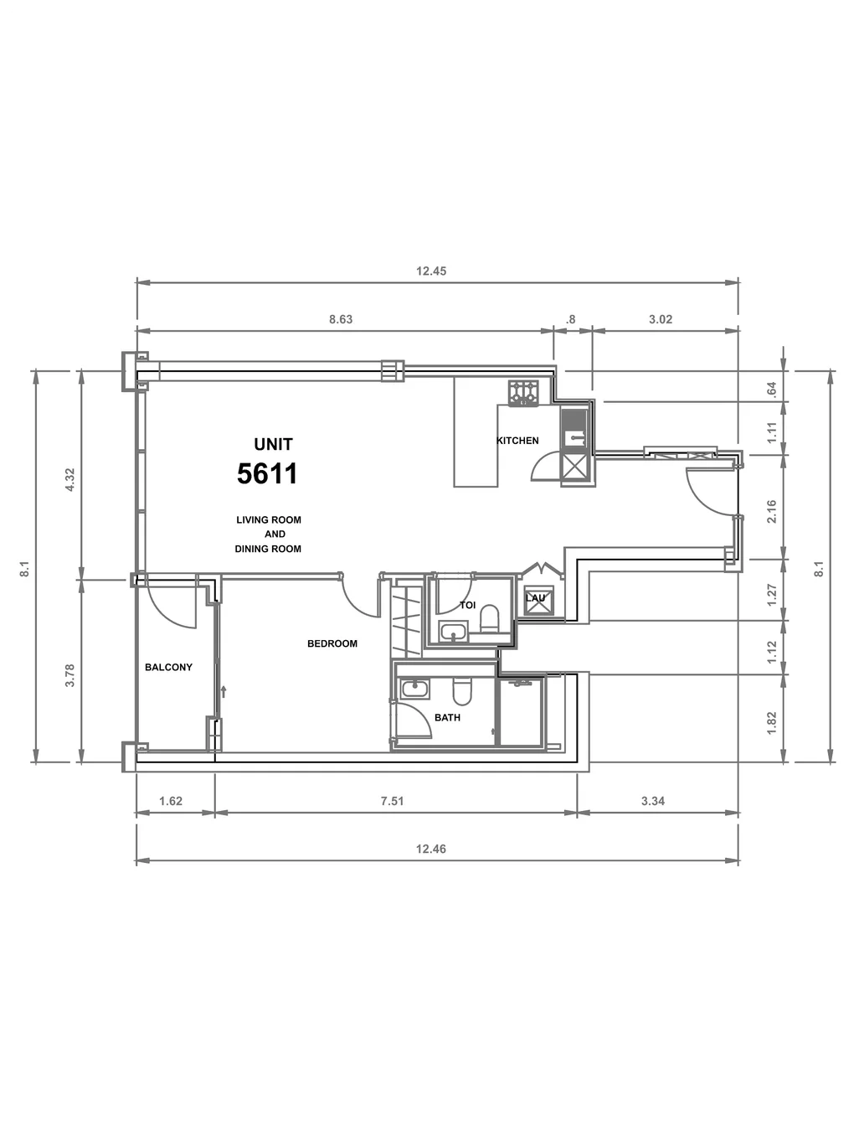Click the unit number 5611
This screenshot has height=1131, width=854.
point(267,473)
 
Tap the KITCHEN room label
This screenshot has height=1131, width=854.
point(517,441)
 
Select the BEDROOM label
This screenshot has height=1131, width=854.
point(332,643)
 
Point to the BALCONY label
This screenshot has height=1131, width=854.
point(168,667)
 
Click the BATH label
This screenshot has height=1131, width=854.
point(447,717)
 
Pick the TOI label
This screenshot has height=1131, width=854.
point(467,605)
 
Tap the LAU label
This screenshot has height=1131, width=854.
point(535,598)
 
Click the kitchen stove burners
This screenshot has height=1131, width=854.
point(523,393)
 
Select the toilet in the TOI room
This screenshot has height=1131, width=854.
point(489,618)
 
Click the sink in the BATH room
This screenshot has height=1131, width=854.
point(415,689)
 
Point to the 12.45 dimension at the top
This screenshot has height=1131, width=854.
point(431,271)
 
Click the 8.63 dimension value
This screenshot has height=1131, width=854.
point(341,319)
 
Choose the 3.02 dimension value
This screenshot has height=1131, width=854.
point(661,319)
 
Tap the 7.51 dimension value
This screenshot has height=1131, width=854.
point(392,801)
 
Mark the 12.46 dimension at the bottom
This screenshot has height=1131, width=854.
point(431,850)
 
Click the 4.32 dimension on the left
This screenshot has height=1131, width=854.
point(70,479)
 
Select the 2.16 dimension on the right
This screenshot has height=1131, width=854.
point(771,511)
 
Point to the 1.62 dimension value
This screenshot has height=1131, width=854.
point(171,801)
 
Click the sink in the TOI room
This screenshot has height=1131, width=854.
point(454,631)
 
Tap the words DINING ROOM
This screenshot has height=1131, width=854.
point(268,550)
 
